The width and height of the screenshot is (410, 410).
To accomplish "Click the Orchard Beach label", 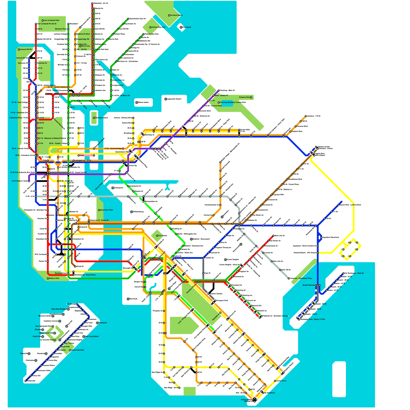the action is point(177,15).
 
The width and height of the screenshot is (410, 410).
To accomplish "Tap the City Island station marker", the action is point(181,27).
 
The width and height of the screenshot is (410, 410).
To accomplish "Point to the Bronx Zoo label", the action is point(86,46).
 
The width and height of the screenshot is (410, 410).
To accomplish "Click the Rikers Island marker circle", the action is point(137,102).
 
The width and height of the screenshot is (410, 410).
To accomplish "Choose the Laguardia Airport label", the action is point(174,99).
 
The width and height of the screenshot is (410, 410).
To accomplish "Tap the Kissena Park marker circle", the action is point(251,97).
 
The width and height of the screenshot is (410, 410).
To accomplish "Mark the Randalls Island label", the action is point(102,118).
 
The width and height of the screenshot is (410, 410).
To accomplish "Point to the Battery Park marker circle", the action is point(48,278).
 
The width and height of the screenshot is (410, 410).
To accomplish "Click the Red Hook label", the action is point(134,299).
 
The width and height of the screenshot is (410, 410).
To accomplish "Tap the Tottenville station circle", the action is point(26,381).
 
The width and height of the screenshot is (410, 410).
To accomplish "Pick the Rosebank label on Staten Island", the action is point(103,323).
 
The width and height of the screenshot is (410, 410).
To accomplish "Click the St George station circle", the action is point(77,304).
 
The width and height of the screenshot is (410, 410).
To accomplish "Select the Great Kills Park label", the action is point(78,350).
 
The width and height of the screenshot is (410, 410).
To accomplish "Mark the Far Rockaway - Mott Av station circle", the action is point(343,273).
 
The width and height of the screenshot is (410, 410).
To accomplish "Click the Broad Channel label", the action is point(309,285).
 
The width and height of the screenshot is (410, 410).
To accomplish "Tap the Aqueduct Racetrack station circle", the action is point(321,238).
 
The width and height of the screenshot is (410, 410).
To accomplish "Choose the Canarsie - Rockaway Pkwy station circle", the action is point(289,278).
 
